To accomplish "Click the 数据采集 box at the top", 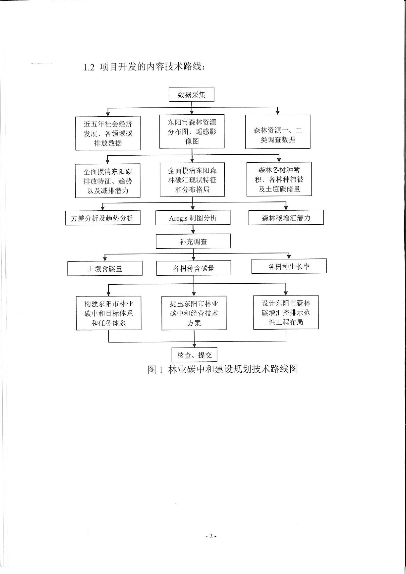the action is pyautogui.click(x=192, y=94).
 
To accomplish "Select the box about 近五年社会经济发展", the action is pyautogui.click(x=108, y=133).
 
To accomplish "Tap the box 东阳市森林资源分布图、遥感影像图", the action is pyautogui.click(x=192, y=131).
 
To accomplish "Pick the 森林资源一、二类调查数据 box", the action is pyautogui.click(x=278, y=132).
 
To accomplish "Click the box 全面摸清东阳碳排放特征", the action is pyautogui.click(x=108, y=181).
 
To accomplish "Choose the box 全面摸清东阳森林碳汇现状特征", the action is pyautogui.click(x=192, y=180).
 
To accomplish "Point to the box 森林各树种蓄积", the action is pyautogui.click(x=279, y=179).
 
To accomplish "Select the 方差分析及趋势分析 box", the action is pyautogui.click(x=103, y=218).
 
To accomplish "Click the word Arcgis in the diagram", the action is pyautogui.click(x=178, y=218).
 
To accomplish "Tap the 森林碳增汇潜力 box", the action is pyautogui.click(x=286, y=218).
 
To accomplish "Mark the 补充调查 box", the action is pyautogui.click(x=193, y=241).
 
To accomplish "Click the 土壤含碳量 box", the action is pyautogui.click(x=105, y=268).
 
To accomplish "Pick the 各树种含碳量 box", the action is pyautogui.click(x=194, y=268).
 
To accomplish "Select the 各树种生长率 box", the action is pyautogui.click(x=289, y=266).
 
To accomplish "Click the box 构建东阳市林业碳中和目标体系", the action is pyautogui.click(x=109, y=313).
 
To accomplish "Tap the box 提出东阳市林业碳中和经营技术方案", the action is pyautogui.click(x=194, y=313).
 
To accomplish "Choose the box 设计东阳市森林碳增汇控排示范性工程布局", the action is pyautogui.click(x=286, y=312).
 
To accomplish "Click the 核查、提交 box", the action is pyautogui.click(x=194, y=355).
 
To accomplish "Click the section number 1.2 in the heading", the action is pyautogui.click(x=89, y=67).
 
